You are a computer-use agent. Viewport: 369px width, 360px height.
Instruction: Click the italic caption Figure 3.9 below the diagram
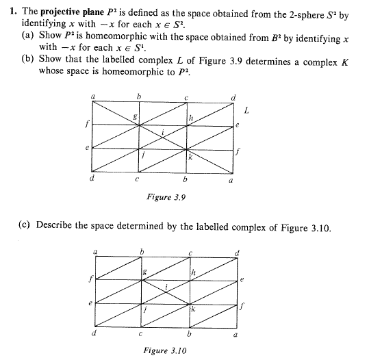click(166, 197)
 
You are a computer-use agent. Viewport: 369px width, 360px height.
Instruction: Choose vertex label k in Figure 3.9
click(190, 159)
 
